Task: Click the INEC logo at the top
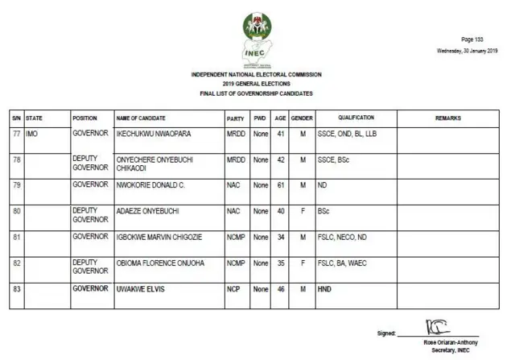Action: [257, 36]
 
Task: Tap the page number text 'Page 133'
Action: [472, 39]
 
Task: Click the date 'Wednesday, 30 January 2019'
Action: [464, 50]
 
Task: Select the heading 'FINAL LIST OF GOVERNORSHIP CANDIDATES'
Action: [257, 94]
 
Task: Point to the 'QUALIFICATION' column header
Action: [356, 118]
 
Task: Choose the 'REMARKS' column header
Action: [447, 118]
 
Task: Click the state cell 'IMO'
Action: [33, 134]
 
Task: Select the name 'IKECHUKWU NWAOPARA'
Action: [154, 134]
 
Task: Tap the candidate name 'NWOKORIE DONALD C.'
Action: [150, 185]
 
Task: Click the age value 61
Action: [280, 185]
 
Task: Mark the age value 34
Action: [280, 237]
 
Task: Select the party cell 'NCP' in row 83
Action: [233, 288]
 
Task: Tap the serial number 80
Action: [16, 211]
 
